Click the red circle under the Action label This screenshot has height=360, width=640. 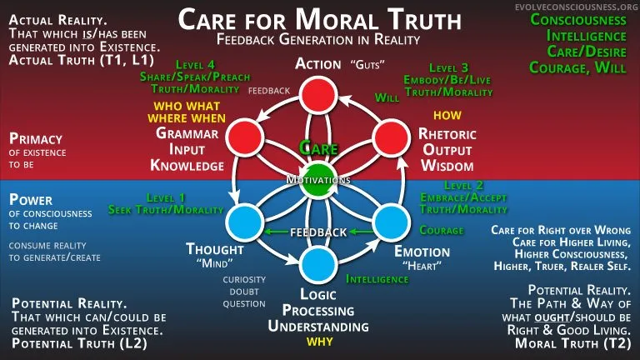(x=318, y=95)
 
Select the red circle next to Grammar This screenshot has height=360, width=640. (x=244, y=137)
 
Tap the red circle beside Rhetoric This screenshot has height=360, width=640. (x=392, y=138)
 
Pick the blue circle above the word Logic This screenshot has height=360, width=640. (x=318, y=264)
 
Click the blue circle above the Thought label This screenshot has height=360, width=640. (x=244, y=222)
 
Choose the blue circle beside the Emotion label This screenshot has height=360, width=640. (x=391, y=222)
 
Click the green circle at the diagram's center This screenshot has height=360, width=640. (x=318, y=180)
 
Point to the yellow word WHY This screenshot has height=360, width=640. (x=320, y=342)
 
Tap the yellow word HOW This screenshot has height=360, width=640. (x=447, y=116)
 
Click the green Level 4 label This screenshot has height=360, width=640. (x=195, y=65)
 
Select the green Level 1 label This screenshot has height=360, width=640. (x=166, y=198)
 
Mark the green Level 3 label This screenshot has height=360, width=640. (x=448, y=67)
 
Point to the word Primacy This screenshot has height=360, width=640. (x=36, y=139)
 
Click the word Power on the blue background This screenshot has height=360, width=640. (x=31, y=200)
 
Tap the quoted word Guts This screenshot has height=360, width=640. (x=367, y=64)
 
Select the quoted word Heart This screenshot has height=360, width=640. (x=422, y=266)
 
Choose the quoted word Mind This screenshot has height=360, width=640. (x=215, y=263)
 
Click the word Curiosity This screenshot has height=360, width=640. (x=244, y=280)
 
